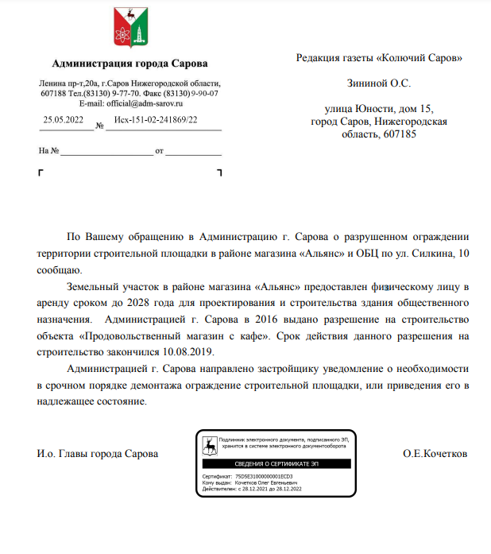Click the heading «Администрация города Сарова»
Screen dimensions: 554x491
(130, 64)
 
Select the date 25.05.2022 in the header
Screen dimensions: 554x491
(64, 120)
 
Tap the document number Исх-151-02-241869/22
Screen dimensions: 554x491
(156, 120)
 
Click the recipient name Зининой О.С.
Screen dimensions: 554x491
(379, 83)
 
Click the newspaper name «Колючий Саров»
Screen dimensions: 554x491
(419, 57)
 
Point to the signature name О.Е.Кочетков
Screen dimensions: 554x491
(435, 453)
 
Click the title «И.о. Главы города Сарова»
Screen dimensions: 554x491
(97, 453)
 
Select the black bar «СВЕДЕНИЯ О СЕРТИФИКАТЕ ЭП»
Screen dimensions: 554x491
(276, 463)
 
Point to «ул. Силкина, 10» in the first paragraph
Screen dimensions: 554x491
(435, 254)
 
